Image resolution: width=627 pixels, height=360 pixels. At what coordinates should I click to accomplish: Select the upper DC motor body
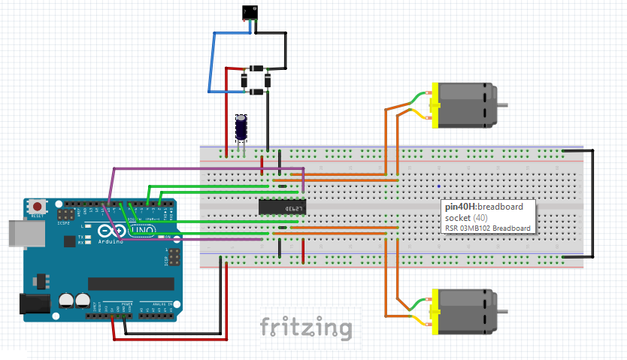pos(466,104)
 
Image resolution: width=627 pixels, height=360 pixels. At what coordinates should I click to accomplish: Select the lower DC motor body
pos(466,310)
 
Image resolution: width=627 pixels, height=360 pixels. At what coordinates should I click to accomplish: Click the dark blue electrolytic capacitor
pos(242,128)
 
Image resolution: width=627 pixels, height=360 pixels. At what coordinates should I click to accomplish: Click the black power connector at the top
pos(249,13)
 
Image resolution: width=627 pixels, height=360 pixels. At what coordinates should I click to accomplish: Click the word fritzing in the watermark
pos(306,328)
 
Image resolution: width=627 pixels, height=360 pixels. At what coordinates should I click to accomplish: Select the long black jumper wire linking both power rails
pos(592,203)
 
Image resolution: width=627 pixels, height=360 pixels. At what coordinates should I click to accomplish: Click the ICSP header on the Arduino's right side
pos(174,259)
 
